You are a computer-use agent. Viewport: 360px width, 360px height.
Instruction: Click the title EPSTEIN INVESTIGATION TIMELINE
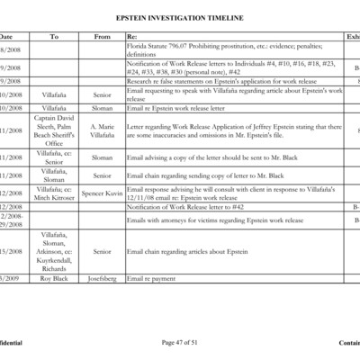(180, 17)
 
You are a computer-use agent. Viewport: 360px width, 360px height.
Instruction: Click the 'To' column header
(54, 37)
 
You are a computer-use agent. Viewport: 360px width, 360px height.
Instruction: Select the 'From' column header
(102, 37)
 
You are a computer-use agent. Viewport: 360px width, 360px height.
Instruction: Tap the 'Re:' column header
(133, 37)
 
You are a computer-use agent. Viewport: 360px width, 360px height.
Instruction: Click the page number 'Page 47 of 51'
(179, 343)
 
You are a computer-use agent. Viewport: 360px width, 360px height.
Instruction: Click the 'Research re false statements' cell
(207, 81)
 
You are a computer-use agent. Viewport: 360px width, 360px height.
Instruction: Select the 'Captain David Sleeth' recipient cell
(54, 131)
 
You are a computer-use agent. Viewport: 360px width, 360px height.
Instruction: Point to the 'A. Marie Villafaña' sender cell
(102, 131)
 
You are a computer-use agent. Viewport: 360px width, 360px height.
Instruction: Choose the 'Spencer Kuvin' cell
(102, 192)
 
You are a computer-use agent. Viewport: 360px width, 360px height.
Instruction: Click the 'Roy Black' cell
(54, 278)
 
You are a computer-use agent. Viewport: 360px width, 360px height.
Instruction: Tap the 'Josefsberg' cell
(102, 278)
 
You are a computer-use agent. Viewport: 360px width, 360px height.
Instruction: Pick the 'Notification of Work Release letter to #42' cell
(184, 206)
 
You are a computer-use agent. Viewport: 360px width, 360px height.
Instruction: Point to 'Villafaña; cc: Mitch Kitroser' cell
(54, 192)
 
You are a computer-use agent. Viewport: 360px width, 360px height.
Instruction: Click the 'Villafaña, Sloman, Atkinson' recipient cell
(54, 252)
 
